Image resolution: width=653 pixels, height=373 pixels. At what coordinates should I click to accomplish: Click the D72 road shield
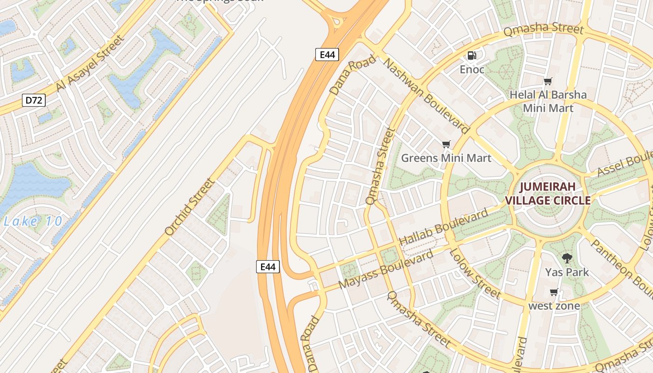tap(34, 100)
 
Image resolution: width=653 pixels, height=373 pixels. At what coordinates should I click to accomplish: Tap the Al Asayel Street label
tap(90, 63)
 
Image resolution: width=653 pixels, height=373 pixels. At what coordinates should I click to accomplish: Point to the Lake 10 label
tap(33, 221)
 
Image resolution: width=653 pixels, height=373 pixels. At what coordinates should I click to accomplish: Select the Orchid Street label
tap(190, 206)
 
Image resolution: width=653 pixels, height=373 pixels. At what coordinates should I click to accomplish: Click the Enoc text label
tap(472, 70)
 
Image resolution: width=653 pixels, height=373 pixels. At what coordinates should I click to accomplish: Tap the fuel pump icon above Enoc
tap(472, 55)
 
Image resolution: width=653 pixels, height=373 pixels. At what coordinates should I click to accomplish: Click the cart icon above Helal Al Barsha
tap(548, 82)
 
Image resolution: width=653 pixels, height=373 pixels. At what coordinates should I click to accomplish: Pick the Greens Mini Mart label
tap(446, 158)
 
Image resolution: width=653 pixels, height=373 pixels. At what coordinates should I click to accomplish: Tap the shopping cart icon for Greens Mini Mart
tap(446, 144)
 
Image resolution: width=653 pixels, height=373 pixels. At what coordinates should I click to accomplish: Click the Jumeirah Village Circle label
tap(548, 194)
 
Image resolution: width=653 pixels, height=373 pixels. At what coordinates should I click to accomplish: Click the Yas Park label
tap(567, 272)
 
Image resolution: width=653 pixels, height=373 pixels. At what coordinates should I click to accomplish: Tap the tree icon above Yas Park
tap(567, 258)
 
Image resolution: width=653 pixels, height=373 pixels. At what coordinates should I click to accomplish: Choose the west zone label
tap(554, 306)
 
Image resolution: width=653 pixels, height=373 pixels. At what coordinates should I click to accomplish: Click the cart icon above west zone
tap(554, 292)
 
